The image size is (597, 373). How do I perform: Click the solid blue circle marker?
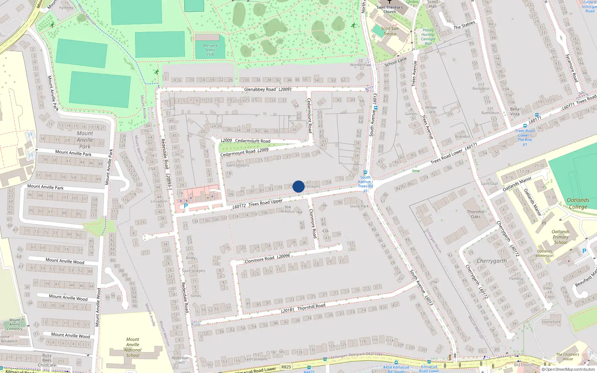coord(298,186)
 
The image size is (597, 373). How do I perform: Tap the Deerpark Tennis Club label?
coord(210,50)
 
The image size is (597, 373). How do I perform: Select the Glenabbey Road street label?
coord(260,90)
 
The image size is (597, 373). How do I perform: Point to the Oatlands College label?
coord(578,203)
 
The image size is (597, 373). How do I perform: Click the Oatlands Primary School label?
coord(560,237)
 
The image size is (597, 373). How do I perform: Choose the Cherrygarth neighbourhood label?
coord(492,261)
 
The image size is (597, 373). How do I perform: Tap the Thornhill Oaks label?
coord(476,214)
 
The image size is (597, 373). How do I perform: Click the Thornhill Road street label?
coord(311,307)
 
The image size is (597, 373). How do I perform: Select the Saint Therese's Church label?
coord(390,9)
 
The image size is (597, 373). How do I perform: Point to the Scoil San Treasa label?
coord(390,31)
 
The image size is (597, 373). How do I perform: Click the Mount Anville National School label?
coord(132,347)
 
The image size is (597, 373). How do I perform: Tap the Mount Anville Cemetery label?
coord(15,324)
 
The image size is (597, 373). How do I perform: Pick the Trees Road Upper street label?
coord(266,203)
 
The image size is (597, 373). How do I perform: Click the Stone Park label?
coord(359,206)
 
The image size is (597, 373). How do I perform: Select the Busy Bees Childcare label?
coord(47,360)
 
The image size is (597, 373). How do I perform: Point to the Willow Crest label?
coord(431,110)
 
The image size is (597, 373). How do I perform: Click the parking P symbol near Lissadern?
coord(186,206)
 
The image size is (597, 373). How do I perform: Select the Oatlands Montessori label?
coord(544,253)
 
